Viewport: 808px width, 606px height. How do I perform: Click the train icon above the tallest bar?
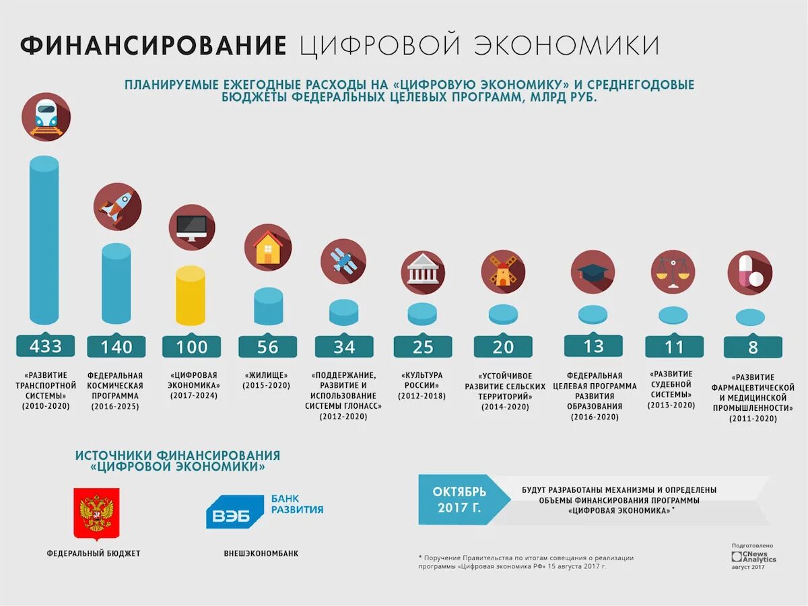pos(46,116)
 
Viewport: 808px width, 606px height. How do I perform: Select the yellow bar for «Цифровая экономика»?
pos(190,296)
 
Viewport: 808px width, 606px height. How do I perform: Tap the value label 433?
pos(45,346)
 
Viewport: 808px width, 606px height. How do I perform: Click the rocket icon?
pos(117,205)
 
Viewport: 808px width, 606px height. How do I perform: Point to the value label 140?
pos(116,347)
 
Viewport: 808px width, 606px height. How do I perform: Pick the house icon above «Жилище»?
pos(267,248)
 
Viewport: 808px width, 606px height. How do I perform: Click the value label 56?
pos(267,347)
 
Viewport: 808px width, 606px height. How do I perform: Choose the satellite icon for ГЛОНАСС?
pos(343,261)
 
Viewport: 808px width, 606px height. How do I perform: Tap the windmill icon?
pos(503,271)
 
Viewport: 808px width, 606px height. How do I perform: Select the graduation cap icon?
pos(593,271)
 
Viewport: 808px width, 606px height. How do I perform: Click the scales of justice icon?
pos(673,271)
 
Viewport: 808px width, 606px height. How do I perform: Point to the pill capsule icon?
pos(749,272)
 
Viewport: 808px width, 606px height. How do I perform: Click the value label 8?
pos(753,347)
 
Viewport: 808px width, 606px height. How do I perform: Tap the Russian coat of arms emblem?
pos(96,513)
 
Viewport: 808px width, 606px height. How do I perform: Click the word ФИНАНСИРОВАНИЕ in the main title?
pos(154,46)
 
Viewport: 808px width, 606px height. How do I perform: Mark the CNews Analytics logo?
pos(753,557)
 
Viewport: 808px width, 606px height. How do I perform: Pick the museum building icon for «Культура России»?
pos(423,271)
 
